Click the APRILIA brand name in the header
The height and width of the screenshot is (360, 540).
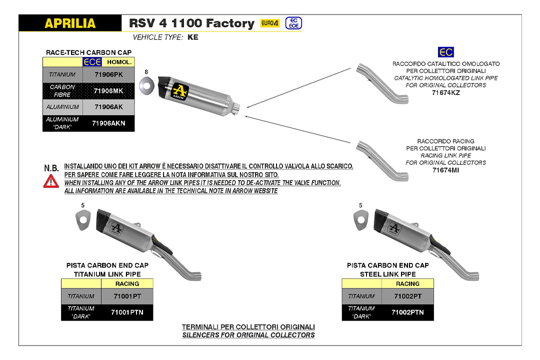(x=70, y=23)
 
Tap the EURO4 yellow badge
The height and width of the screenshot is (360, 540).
(x=270, y=23)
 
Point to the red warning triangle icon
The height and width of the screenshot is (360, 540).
(x=51, y=181)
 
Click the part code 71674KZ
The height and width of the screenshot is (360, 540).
(x=445, y=92)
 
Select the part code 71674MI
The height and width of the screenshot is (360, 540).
(x=445, y=170)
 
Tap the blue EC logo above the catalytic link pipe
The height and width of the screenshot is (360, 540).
(x=445, y=52)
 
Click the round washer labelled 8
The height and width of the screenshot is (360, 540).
(x=146, y=84)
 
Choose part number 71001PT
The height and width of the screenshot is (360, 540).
(x=126, y=296)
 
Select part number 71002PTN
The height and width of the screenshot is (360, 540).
(x=407, y=312)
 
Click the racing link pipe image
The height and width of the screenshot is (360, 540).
(x=382, y=161)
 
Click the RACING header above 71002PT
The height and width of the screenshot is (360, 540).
(x=407, y=283)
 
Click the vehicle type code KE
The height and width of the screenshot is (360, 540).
(x=193, y=37)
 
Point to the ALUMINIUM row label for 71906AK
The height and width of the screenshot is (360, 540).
(x=62, y=107)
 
